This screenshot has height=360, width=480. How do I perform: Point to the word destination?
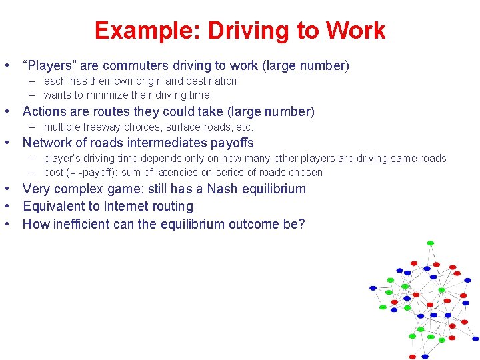[209, 81]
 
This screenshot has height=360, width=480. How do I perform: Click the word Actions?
[44, 111]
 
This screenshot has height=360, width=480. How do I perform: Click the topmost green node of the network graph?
[430, 243]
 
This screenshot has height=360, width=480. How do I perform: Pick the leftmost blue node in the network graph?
[373, 288]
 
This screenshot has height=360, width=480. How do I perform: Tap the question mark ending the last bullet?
[301, 224]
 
